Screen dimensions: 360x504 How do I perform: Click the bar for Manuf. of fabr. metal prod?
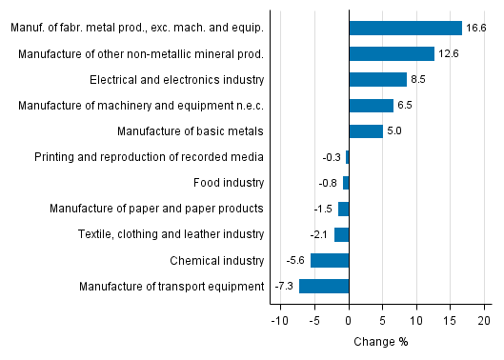[x=405, y=29]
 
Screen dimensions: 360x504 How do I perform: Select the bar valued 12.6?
[x=392, y=54]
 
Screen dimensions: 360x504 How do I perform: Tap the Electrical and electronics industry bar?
[x=377, y=80]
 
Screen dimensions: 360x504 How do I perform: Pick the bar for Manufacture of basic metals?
[x=366, y=131]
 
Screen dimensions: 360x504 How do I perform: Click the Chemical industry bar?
[x=330, y=260]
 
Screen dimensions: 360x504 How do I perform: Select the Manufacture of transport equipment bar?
[x=324, y=286]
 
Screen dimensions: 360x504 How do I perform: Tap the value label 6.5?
[x=405, y=106]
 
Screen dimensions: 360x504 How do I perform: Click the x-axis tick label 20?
[x=484, y=321]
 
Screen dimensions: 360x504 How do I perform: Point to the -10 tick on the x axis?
[x=279, y=321]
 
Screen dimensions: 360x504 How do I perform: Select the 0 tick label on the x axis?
[x=349, y=321]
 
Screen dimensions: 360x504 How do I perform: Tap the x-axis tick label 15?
[x=450, y=321]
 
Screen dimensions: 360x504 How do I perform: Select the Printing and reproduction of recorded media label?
[x=149, y=157]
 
